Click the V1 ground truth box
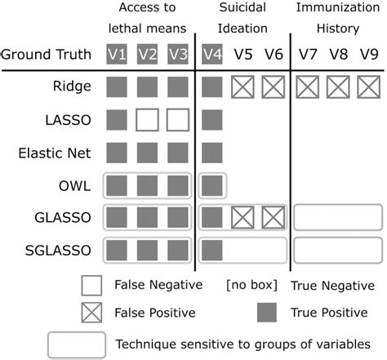[116, 54]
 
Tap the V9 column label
[367, 54]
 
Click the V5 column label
[242, 54]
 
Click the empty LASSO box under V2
[148, 119]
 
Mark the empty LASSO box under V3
[178, 119]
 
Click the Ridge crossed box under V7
[306, 86]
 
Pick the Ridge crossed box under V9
[367, 86]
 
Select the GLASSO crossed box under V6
[272, 217]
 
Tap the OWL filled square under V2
[148, 184]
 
